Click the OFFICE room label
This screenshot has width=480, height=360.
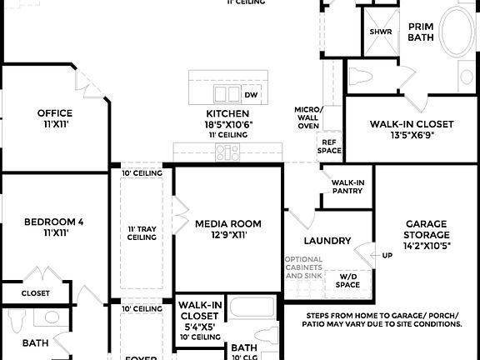54,113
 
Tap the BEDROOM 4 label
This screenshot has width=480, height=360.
53,222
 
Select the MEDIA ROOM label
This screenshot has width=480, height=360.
227,223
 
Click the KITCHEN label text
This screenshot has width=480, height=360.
227,113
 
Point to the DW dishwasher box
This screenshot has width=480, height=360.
251,94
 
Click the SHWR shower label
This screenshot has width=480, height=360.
381,32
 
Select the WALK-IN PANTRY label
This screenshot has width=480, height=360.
348,187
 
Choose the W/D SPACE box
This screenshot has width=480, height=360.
348,280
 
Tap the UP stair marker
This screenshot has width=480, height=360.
387,255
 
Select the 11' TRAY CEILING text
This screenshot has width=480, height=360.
142,232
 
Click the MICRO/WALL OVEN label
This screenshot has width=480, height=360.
307,117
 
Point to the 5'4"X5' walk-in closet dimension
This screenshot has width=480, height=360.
198,327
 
